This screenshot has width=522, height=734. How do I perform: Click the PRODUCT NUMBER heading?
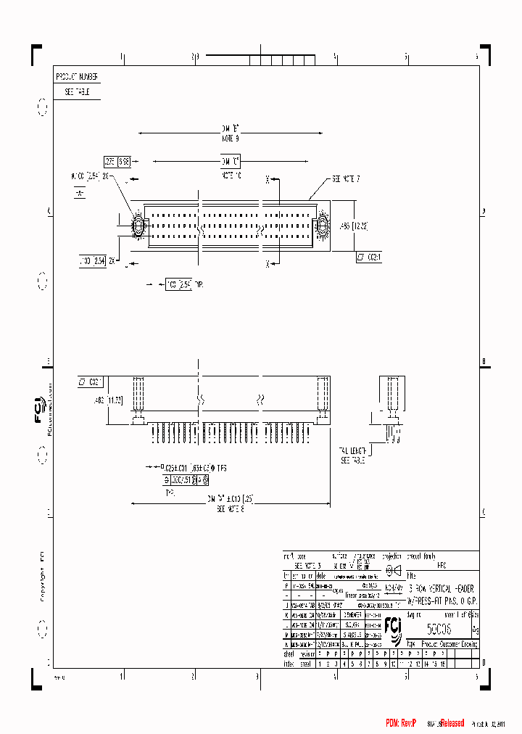pos(77,77)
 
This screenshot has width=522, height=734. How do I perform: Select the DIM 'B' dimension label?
pos(230,128)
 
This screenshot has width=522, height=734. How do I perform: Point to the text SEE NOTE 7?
pos(347,178)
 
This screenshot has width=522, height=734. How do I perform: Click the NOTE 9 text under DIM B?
pos(230,137)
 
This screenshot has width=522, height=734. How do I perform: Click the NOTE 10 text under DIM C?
pos(231,175)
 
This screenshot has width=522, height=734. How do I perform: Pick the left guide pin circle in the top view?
pos(136,225)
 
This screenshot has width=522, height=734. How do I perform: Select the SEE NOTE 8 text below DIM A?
pos(231,509)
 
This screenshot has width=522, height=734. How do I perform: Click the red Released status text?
pos(452,723)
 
